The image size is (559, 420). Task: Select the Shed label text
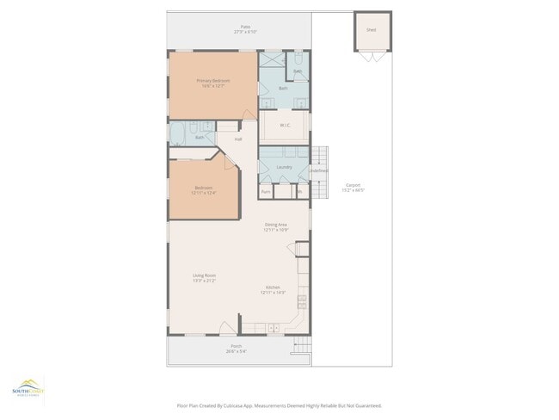coord(371,29)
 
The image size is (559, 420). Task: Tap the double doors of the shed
coord(371,55)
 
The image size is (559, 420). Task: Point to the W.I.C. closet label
coord(284,126)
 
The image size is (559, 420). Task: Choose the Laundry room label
coord(284,166)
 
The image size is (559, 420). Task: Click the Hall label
coord(238,138)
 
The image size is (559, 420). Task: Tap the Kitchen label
coord(273,289)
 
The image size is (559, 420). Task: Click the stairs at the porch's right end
coord(302,345)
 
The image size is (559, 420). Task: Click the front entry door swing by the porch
coord(225,328)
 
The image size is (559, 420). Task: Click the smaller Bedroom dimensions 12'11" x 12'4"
coord(204,193)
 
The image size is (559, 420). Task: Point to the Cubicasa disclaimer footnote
coord(279,405)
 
